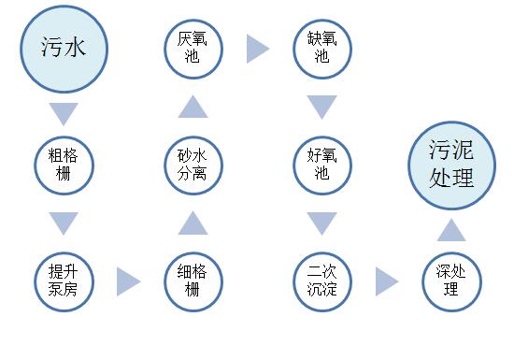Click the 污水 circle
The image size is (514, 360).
click(64, 48)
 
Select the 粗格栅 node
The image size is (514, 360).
click(64, 165)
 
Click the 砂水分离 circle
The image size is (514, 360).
click(193, 165)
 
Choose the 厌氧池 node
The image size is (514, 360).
click(193, 48)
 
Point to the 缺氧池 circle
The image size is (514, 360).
click(322, 48)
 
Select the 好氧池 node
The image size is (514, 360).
click(322, 165)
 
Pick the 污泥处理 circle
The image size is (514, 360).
click(451, 165)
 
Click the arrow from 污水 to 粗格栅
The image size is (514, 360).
click(64, 114)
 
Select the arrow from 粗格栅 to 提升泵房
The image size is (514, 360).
click(64, 223)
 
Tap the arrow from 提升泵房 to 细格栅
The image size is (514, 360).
click(129, 281)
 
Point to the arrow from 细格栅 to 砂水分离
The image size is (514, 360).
click(193, 223)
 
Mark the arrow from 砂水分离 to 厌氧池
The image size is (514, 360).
click(193, 107)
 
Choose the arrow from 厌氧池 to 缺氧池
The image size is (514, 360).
click(258, 49)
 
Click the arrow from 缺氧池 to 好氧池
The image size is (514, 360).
click(322, 107)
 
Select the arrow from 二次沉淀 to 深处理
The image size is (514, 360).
click(387, 281)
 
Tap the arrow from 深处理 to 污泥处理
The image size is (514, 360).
click(451, 229)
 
